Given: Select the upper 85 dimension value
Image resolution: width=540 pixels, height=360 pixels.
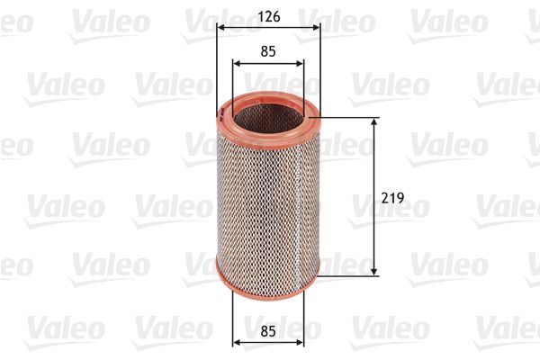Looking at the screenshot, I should (267, 51).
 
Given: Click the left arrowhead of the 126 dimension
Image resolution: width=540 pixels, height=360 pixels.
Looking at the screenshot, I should (220, 27).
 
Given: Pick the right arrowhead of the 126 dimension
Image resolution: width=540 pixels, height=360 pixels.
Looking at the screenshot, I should (316, 27).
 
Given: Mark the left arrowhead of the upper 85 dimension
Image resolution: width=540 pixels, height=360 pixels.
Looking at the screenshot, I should (236, 63).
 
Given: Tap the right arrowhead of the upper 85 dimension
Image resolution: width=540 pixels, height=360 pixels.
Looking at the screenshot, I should (301, 63).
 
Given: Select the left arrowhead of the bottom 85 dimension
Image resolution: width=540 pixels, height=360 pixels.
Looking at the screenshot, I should (236, 342).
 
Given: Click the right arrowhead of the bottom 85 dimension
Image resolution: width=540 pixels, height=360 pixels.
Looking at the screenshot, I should (301, 342).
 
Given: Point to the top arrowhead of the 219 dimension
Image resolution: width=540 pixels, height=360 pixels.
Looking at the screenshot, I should (374, 121).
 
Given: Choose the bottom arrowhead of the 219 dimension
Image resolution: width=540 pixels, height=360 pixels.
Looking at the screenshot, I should (374, 272).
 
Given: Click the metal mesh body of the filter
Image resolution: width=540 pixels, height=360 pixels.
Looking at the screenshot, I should (268, 198).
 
